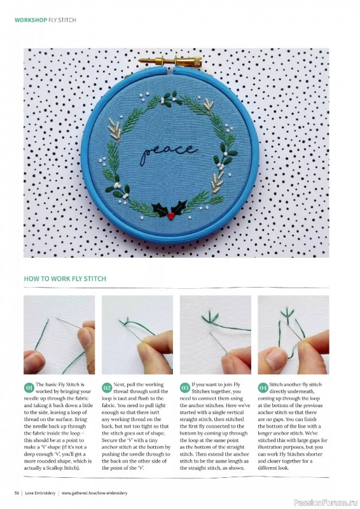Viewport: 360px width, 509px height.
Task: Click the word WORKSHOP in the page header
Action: pyautogui.click(x=31, y=20)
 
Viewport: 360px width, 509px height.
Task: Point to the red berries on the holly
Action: pyautogui.click(x=171, y=216)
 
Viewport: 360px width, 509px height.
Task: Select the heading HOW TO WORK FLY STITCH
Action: pyautogui.click(x=65, y=279)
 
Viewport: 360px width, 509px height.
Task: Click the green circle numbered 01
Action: pyautogui.click(x=29, y=387)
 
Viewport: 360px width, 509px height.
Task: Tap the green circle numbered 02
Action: pyautogui.click(x=107, y=387)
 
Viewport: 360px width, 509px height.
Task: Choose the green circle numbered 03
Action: pyautogui.click(x=185, y=387)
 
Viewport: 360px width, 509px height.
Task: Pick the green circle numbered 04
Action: pyautogui.click(x=263, y=387)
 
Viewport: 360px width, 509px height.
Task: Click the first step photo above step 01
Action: pyautogui.click(x=59, y=334)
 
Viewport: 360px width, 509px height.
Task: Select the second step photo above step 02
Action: pyautogui.click(x=137, y=334)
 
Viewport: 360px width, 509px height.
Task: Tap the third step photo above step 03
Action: pyautogui.click(x=215, y=334)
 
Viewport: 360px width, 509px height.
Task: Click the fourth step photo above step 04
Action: pyautogui.click(x=293, y=334)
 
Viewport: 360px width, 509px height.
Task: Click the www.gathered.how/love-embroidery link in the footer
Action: pyautogui.click(x=94, y=492)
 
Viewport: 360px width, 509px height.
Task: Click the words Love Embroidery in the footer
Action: pyautogui.click(x=41, y=492)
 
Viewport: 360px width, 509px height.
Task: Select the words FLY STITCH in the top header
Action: pyautogui.click(x=62, y=20)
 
